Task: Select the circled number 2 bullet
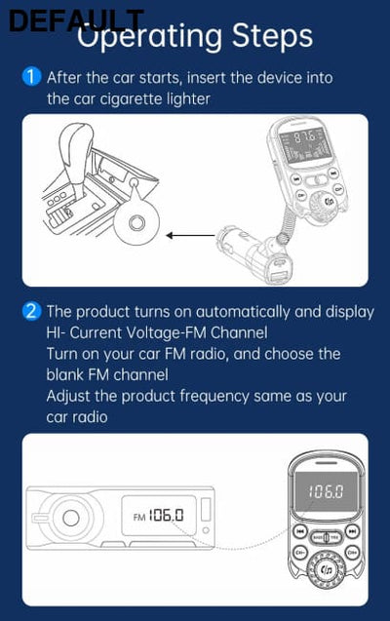coord(31,312)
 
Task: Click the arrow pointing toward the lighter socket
coord(189,235)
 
